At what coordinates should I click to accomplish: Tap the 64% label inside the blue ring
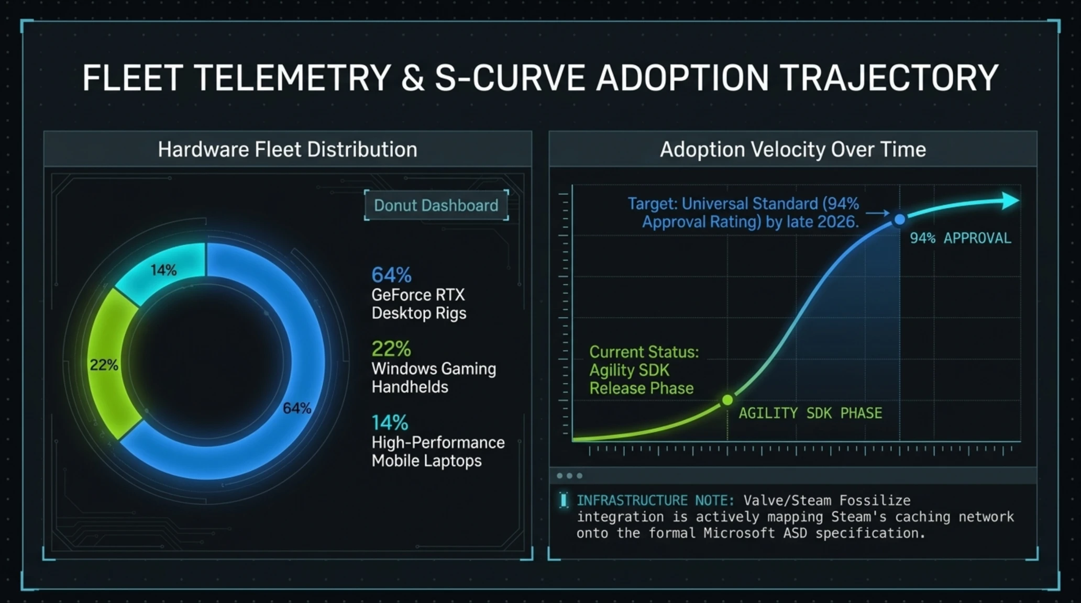pyautogui.click(x=297, y=408)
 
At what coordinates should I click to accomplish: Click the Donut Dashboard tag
pyautogui.click(x=436, y=205)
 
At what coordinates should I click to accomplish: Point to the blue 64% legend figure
pyautogui.click(x=391, y=275)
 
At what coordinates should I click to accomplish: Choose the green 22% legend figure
pyautogui.click(x=391, y=349)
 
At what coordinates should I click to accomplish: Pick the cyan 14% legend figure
pyautogui.click(x=390, y=422)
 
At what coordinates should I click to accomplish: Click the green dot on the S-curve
pyautogui.click(x=727, y=400)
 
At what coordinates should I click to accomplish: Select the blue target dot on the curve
pyautogui.click(x=899, y=220)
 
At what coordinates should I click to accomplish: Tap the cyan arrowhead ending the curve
pyautogui.click(x=1010, y=200)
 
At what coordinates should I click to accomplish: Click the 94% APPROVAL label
pyautogui.click(x=961, y=238)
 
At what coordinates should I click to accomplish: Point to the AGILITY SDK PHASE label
pyautogui.click(x=810, y=413)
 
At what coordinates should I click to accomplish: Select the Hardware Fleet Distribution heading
pyautogui.click(x=288, y=150)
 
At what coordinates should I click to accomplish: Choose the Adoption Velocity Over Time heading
pyautogui.click(x=793, y=150)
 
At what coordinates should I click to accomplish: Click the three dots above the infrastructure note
pyautogui.click(x=569, y=476)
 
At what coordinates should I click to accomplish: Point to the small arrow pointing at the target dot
pyautogui.click(x=877, y=213)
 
